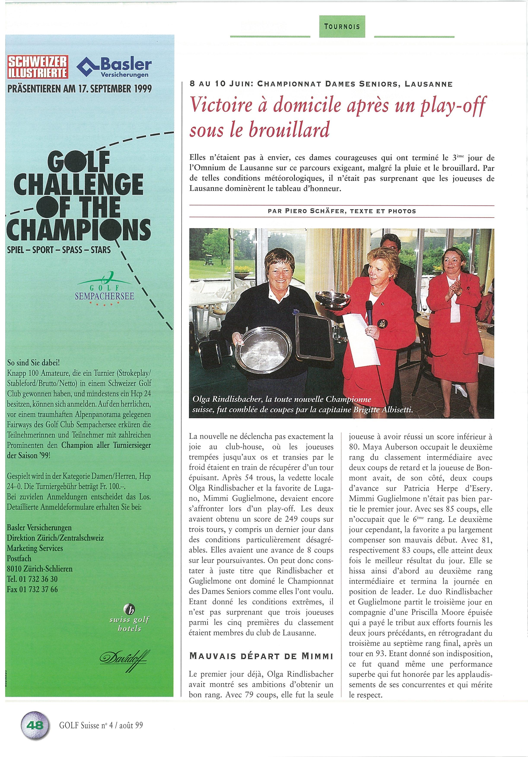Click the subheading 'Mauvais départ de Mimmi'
click(x=261, y=656)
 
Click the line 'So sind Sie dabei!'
click(x=33, y=363)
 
